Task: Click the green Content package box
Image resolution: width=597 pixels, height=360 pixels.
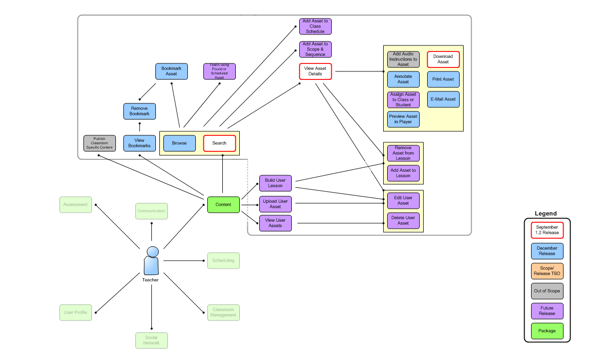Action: tap(223, 205)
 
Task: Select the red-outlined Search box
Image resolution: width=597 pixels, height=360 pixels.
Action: tap(219, 143)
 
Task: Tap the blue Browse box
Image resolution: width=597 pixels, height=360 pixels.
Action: tap(179, 143)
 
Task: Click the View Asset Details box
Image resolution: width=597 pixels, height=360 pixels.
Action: tap(315, 71)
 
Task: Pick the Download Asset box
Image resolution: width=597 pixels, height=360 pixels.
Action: tap(443, 59)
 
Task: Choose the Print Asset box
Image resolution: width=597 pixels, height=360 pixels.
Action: tap(443, 79)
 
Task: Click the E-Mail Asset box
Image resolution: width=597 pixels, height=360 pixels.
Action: tap(443, 99)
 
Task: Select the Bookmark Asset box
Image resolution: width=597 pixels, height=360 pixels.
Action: tap(171, 71)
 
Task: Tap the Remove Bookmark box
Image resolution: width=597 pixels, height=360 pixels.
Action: tap(139, 111)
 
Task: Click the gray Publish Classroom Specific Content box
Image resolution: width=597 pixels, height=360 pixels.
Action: tap(99, 143)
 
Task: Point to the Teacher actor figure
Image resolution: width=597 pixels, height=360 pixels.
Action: tap(151, 261)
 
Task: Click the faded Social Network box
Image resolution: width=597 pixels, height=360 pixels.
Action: tap(151, 341)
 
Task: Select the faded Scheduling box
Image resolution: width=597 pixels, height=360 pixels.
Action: tap(223, 261)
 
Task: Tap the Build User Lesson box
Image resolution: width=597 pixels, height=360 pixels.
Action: tap(275, 183)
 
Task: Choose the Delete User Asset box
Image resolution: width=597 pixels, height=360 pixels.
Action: tap(403, 221)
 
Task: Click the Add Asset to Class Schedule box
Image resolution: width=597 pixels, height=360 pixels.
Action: tap(315, 26)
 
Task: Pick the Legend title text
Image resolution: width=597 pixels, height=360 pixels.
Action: tap(546, 214)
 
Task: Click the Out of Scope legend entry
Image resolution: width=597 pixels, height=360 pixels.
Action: tap(547, 291)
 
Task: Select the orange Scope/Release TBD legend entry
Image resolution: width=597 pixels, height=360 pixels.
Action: tap(547, 271)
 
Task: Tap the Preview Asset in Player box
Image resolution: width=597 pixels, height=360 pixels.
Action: tap(403, 119)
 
